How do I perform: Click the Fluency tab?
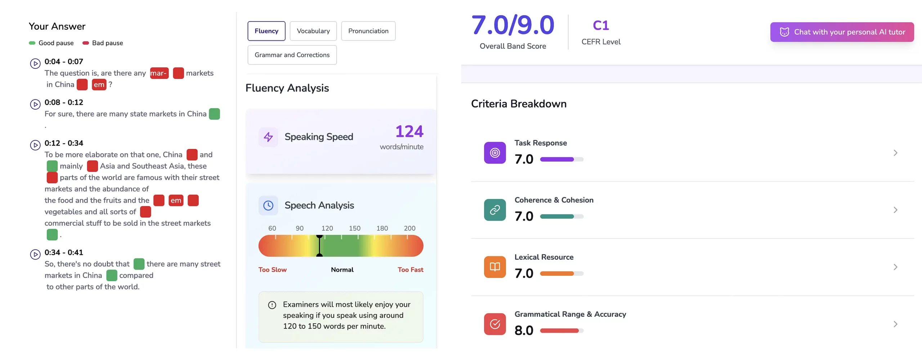coord(266,31)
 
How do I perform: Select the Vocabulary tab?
coord(313,31)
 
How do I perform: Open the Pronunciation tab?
coord(368,31)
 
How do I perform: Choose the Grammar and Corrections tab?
coord(292,55)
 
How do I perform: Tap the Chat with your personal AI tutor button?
coord(842,32)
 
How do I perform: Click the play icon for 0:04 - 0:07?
coord(35,64)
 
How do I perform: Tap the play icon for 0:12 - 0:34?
coord(35,145)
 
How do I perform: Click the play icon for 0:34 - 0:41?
coord(35,255)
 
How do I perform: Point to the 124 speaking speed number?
coord(409,131)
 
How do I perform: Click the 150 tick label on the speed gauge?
coord(354,228)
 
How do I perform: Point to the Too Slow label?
coord(272,270)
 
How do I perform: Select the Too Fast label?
coord(410,270)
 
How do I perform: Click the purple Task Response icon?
coord(495,153)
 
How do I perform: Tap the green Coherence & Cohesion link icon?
coord(495,210)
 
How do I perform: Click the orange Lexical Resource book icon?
coord(495,267)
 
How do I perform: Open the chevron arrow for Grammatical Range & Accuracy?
coord(895,324)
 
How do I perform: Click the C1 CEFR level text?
coord(601,26)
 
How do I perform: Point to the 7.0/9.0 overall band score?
coord(513,25)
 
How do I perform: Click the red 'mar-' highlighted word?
coord(159,73)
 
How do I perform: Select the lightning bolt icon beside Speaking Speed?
coord(268,137)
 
